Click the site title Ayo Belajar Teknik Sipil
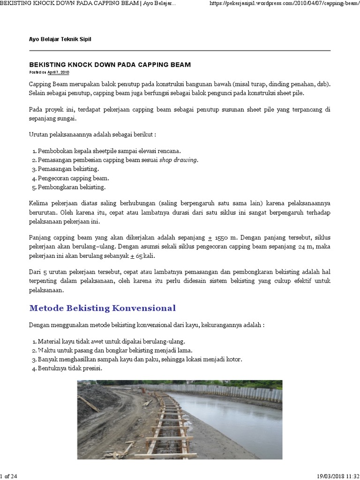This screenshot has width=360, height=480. coord(60,39)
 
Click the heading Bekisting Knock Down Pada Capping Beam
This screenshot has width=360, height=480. coord(110,64)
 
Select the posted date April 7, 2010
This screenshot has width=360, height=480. coord(58,73)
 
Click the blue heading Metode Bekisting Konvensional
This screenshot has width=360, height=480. coord(102,308)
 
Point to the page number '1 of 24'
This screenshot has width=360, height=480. coord(9,476)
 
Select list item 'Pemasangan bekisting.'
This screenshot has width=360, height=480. coord(68,169)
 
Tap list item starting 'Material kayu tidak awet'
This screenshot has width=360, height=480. coord(112,341)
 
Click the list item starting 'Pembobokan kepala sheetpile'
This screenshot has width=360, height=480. coord(109,151)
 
